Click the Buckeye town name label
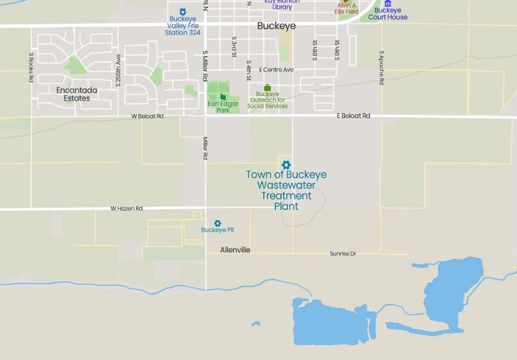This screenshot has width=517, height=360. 276,26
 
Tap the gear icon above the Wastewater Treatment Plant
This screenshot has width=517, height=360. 285,165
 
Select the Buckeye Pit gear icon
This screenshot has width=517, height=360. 217,223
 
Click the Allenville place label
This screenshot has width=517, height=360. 235,250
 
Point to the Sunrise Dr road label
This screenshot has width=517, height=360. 343,253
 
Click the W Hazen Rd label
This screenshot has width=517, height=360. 126,209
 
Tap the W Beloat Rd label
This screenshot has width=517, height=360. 147,116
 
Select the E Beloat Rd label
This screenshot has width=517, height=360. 353,116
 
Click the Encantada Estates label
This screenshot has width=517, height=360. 77,94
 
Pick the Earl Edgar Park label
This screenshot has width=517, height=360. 223,107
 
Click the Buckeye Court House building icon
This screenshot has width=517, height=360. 388,4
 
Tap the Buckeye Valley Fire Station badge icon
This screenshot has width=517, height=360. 182,12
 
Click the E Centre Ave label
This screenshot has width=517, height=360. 276,69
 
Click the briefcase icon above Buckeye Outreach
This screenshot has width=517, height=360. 267,87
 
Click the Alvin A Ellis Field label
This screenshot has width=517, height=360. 347,8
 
